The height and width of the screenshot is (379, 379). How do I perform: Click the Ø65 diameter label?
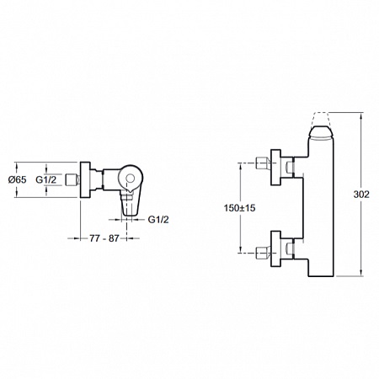[x=18, y=179]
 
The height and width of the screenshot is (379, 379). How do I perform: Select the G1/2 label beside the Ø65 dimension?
[x=45, y=179]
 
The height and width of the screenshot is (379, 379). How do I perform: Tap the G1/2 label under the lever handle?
[x=158, y=220]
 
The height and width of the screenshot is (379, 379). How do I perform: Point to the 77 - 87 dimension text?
[x=104, y=238]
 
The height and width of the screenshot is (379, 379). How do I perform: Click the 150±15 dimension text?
[x=239, y=208]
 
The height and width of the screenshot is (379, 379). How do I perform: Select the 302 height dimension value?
[x=361, y=195]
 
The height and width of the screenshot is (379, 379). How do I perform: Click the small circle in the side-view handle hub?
[x=130, y=178]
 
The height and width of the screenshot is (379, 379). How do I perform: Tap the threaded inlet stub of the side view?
[x=72, y=179]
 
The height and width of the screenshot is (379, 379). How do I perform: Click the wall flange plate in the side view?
[x=85, y=179]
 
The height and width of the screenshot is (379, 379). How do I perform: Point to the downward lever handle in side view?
[x=130, y=204]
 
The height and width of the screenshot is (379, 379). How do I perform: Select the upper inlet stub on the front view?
[x=264, y=163]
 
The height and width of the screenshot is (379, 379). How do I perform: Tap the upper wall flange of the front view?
[x=275, y=168]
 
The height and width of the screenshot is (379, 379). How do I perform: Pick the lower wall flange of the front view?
[x=275, y=249]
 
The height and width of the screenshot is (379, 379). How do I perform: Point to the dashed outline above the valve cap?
[x=321, y=120]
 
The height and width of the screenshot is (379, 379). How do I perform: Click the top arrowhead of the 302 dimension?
[x=361, y=115]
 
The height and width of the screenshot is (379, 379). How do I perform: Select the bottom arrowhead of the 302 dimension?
[x=361, y=274]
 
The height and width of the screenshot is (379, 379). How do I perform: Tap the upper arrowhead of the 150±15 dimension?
[x=241, y=167]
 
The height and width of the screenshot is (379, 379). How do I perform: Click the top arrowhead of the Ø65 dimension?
[x=18, y=165]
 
